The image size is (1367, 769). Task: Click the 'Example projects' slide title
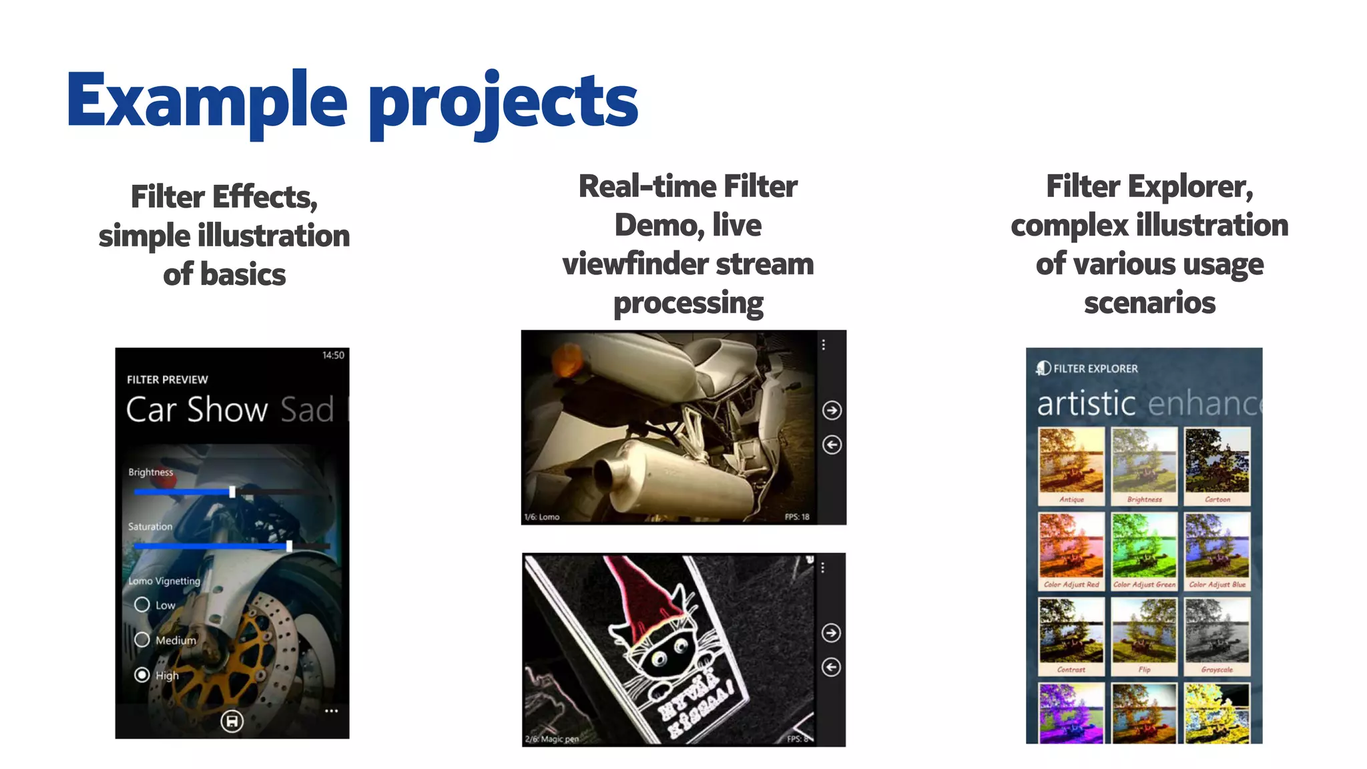352,101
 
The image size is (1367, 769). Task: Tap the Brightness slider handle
232,492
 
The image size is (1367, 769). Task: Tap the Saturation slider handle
289,546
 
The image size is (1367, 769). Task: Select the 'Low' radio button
142,605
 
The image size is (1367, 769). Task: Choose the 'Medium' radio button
142,639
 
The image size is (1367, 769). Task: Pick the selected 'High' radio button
142,675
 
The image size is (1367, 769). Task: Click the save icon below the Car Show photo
232,721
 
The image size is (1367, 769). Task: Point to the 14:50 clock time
333,355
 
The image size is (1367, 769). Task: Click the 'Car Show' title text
197,409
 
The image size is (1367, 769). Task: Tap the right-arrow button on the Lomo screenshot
832,410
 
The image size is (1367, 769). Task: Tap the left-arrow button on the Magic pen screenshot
831,667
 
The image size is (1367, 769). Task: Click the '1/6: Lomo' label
542,517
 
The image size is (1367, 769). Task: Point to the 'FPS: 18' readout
797,517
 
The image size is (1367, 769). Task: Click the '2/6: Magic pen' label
551,739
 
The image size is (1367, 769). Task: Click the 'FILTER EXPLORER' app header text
1095,368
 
